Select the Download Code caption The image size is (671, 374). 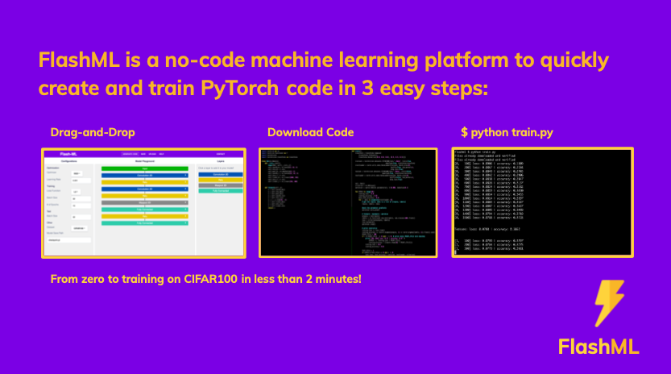pyautogui.click(x=310, y=132)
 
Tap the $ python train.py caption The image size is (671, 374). pyautogui.click(x=507, y=132)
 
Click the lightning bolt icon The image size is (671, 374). pyautogui.click(x=609, y=304)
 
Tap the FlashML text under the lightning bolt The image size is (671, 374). pyautogui.click(x=598, y=347)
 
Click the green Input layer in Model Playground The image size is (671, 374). pyautogui.click(x=143, y=169)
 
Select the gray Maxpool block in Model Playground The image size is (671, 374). pyautogui.click(x=143, y=202)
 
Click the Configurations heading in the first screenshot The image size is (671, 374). pyautogui.click(x=68, y=161)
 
